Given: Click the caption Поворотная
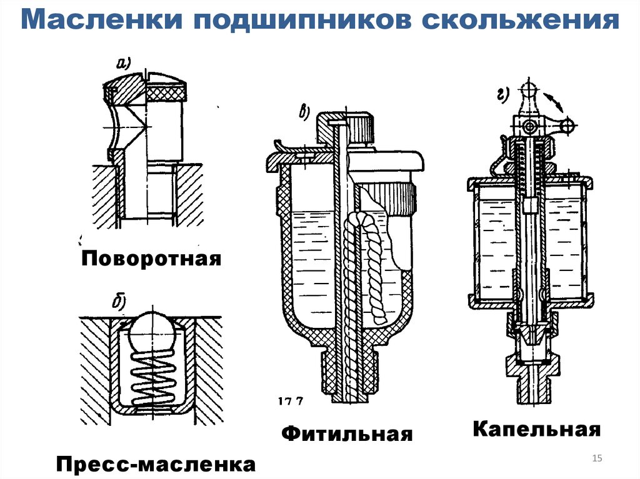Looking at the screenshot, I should (151, 258).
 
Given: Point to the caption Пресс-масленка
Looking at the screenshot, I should (156, 465).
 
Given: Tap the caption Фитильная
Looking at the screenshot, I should (347, 434).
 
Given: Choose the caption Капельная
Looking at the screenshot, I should (536, 429).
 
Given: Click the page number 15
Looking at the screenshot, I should (596, 459).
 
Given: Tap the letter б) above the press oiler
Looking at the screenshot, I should (119, 303).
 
